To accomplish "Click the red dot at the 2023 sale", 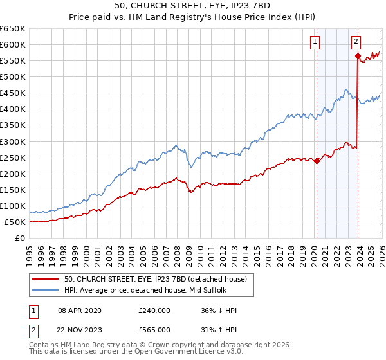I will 357,56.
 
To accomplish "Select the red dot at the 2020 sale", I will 316,161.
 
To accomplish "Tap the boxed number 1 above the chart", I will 315,42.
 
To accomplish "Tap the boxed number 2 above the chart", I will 356,42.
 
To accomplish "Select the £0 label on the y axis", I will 21,239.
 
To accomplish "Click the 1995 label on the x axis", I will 30,249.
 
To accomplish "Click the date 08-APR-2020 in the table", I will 80,310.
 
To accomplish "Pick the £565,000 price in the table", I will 154,330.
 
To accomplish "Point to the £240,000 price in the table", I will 154,310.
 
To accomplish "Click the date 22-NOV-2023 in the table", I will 80,330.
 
